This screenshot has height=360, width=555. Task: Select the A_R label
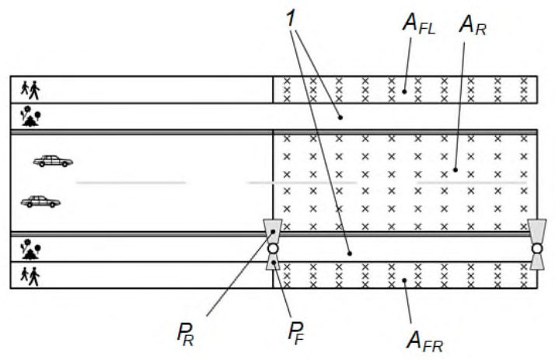[x=473, y=26]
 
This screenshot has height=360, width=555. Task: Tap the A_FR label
[x=424, y=341]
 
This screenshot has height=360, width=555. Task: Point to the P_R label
[x=186, y=334]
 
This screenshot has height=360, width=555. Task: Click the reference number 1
[x=290, y=19]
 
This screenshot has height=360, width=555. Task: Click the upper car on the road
[x=53, y=161]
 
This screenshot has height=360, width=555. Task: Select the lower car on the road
[x=40, y=201]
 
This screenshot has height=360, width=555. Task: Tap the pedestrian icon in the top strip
[x=30, y=90]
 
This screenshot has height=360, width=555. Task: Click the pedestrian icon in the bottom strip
[x=30, y=277]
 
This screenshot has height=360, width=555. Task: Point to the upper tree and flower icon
[x=30, y=117]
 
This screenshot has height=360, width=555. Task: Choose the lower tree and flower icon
[x=30, y=250]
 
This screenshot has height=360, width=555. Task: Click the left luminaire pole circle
[x=273, y=249]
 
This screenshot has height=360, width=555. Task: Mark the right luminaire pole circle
[x=536, y=249]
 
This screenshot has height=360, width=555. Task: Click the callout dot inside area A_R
[x=456, y=170]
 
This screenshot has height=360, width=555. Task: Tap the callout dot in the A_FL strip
[x=404, y=92]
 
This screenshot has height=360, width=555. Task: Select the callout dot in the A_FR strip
[x=404, y=281]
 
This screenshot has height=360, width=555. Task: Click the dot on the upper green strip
[x=340, y=117]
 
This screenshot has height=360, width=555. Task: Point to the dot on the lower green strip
[x=350, y=253]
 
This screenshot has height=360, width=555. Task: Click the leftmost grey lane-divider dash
[x=131, y=183]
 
